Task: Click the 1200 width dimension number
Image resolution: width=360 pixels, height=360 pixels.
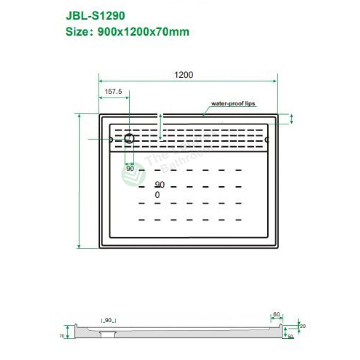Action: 184,75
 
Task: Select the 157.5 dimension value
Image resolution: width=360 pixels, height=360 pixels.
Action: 113,91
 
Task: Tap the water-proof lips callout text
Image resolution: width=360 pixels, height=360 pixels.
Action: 233,103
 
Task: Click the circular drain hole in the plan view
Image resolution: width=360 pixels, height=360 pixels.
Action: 130,138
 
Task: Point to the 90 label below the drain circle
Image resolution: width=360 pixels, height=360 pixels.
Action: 130,168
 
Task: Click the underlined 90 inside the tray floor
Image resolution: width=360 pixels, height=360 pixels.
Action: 159,184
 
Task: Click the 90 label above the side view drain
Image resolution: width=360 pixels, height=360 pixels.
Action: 108,320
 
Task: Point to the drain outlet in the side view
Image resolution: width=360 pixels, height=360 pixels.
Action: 108,333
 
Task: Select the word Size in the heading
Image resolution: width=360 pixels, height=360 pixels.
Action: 76,31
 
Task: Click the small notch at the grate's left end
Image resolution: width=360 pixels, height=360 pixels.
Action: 110,139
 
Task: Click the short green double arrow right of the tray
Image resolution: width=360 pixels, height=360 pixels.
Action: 292,119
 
